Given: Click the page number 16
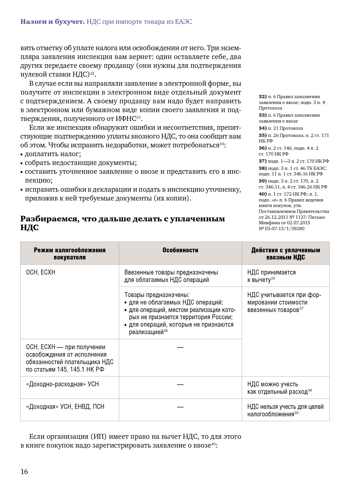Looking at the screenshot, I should coord(24,471).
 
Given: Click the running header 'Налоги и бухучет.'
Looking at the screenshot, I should coord(52,22).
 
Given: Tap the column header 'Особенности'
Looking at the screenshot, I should coord(180,250).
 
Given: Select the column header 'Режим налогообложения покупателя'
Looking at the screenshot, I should coord(69,254).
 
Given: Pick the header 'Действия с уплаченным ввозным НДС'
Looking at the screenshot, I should coord(286,254).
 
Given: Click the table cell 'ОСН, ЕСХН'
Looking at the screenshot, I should coord(40,272).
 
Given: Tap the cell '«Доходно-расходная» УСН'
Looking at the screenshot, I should coord(62,384).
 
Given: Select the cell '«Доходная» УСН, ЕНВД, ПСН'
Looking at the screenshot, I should coord(65,407).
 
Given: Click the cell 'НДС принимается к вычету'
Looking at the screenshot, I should coord(271,276).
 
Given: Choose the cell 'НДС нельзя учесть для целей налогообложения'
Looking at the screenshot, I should coord(285,410).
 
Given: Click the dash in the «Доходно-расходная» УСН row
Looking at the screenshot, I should coord(180,384).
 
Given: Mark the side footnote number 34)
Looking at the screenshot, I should coord(262,128).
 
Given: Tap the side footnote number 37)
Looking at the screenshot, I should coord(262,161).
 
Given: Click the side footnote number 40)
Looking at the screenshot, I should coord(262,194).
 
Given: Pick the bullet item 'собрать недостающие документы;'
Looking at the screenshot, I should coord(81,163).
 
